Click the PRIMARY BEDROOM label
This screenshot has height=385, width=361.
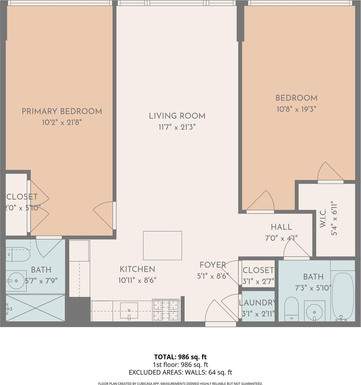pyautogui.click(x=62, y=111)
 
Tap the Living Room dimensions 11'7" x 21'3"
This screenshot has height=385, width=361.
pyautogui.click(x=177, y=127)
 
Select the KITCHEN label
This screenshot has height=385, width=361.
pyautogui.click(x=137, y=269)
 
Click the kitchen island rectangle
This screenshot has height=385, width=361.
pyautogui.click(x=162, y=245)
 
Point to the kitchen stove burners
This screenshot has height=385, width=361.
pyautogui.click(x=166, y=310)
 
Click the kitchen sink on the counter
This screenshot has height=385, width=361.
pyautogui.click(x=129, y=311)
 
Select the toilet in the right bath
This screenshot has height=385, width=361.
pyautogui.click(x=291, y=309)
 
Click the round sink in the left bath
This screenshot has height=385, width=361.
pyautogui.click(x=16, y=281)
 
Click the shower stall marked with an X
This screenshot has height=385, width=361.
pyautogui.click(x=35, y=308)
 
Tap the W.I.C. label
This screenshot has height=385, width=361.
pyautogui.click(x=323, y=218)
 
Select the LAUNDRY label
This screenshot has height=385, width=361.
pyautogui.click(x=257, y=303)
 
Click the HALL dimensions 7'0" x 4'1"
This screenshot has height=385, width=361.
pyautogui.click(x=281, y=238)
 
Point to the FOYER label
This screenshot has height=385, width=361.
pyautogui.click(x=213, y=265)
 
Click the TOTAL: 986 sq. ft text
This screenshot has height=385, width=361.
pyautogui.click(x=180, y=357)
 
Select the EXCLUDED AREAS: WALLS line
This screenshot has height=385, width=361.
pyautogui.click(x=180, y=372)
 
